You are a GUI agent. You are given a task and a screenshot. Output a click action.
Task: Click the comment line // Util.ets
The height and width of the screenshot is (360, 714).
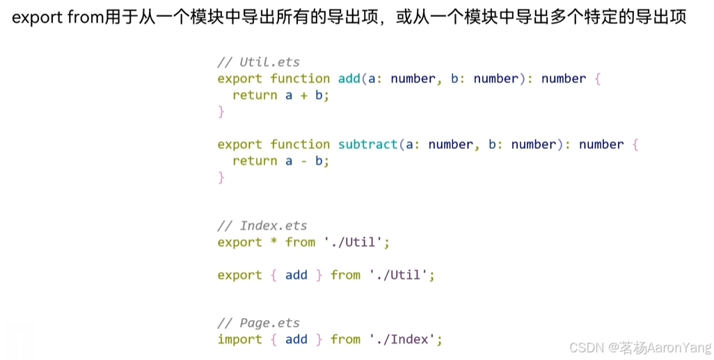point(259,62)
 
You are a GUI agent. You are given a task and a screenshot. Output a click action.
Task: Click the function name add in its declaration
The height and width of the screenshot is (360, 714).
point(349,79)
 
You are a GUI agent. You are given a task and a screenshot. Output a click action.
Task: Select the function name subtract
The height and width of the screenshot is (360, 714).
point(368,144)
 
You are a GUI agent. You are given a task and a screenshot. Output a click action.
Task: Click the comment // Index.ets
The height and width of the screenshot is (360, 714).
point(262,226)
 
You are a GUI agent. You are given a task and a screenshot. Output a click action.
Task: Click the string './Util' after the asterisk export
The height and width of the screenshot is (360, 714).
point(353,242)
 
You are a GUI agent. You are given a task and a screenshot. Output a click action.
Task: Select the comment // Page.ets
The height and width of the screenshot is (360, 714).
point(259,323)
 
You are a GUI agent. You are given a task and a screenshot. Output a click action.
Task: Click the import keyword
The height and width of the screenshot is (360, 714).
point(240,340)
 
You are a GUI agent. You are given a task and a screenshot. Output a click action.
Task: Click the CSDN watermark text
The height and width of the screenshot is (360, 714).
point(640,347)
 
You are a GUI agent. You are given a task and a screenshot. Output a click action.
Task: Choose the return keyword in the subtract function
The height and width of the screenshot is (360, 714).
point(255,161)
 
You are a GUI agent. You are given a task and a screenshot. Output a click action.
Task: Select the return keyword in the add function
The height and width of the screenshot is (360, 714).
point(255,95)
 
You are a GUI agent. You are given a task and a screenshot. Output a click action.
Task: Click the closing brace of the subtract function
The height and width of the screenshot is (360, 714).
point(221,178)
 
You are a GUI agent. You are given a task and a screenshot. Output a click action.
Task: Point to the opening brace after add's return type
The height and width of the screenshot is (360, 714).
point(598,79)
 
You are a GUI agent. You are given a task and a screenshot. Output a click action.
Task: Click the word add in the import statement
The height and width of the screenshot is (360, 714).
point(296,340)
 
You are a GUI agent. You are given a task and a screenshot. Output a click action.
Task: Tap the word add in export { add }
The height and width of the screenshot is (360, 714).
point(296,275)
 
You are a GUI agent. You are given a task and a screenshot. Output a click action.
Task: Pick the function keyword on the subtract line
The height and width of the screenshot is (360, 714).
point(300,144)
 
